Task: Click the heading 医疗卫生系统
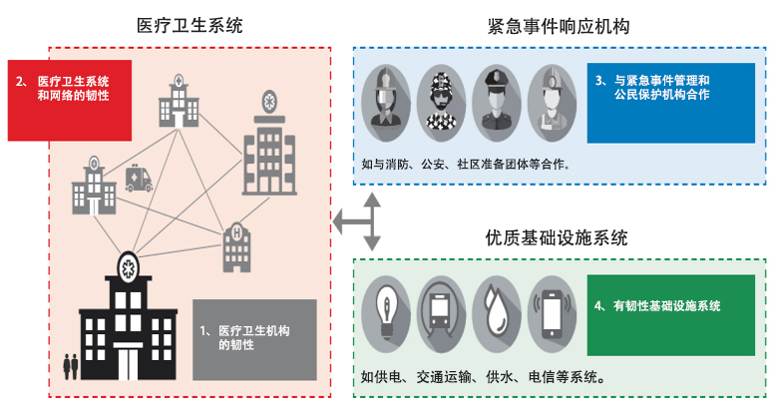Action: click(x=190, y=25)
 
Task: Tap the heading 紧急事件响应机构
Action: click(x=559, y=26)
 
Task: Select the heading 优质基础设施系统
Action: click(x=557, y=237)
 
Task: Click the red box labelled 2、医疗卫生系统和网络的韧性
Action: click(x=70, y=101)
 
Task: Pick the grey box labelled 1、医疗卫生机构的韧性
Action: click(x=254, y=339)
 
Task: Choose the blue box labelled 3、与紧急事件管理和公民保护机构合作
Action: click(x=671, y=103)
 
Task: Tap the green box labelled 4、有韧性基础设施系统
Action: click(x=671, y=315)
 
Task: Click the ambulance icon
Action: click(x=139, y=179)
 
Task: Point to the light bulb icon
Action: click(x=386, y=313)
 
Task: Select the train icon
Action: click(x=441, y=313)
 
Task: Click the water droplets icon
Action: click(x=496, y=313)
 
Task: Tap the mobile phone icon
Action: click(x=552, y=313)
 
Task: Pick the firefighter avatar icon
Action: click(x=386, y=103)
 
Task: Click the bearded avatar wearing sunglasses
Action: click(x=441, y=103)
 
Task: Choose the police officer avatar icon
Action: click(x=496, y=103)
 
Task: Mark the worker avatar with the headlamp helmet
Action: click(x=552, y=103)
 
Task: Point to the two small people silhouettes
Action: click(x=71, y=367)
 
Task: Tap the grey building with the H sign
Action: click(x=236, y=247)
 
